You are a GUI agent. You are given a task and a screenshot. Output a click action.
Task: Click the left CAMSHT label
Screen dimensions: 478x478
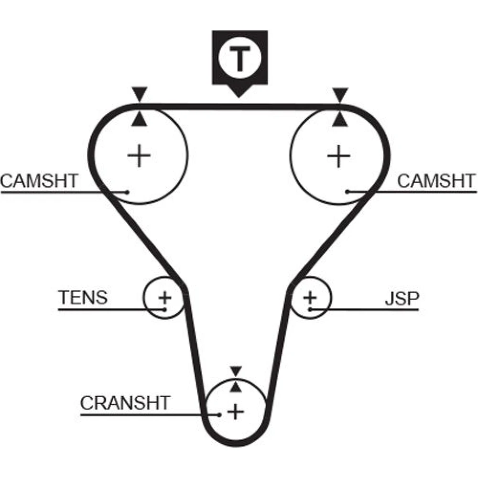click(39, 182)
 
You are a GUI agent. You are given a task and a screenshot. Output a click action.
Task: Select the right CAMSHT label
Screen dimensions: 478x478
click(436, 182)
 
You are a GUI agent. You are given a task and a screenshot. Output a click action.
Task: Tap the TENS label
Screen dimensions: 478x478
click(83, 297)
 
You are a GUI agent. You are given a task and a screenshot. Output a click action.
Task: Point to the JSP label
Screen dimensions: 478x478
click(402, 298)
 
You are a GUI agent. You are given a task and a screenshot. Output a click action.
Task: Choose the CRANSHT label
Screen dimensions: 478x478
click(125, 403)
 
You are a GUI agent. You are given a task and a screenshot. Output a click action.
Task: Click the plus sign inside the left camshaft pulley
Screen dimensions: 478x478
click(140, 156)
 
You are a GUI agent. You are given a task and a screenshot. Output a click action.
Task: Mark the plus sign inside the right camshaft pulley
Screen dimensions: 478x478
click(339, 156)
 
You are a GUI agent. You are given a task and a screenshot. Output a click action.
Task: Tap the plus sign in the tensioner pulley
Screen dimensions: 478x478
click(165, 298)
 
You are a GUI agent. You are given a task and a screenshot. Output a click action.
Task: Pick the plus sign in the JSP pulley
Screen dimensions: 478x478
click(310, 297)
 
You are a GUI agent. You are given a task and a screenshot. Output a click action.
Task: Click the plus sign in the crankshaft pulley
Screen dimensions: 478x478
click(235, 411)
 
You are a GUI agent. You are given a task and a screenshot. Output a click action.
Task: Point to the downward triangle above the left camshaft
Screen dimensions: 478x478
click(139, 93)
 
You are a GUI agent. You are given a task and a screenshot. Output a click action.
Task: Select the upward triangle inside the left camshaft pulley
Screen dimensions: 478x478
click(139, 119)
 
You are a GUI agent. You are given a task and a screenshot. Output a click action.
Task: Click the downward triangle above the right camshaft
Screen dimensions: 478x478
click(340, 93)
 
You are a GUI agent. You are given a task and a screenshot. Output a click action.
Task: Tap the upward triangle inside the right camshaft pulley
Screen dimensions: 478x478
click(340, 119)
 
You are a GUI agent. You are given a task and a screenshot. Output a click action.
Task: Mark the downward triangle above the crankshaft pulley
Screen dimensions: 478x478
click(236, 370)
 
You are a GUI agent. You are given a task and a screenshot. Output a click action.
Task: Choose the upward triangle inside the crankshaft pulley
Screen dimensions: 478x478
click(236, 386)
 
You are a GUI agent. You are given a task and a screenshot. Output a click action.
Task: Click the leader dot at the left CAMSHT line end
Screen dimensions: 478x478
click(128, 192)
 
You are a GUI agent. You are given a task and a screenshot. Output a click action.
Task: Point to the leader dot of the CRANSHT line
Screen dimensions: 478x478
click(219, 414)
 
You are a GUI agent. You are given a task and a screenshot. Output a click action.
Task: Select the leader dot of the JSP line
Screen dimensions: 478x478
click(310, 310)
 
